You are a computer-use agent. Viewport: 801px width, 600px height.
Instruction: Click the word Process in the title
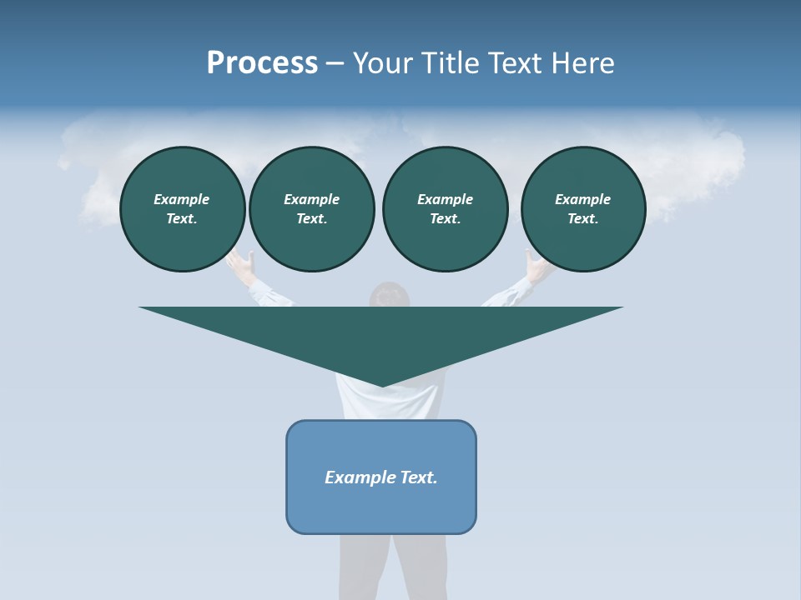(x=262, y=63)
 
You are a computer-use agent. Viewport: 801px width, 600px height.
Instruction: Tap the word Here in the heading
(x=583, y=63)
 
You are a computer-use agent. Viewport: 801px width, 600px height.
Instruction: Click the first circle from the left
(x=182, y=209)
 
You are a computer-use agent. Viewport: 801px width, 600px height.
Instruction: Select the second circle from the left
(x=311, y=209)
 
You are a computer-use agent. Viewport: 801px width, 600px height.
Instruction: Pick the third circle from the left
(x=445, y=209)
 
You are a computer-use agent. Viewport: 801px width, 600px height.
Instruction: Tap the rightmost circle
(x=583, y=209)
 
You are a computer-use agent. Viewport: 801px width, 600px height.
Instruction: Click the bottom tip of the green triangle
(x=382, y=385)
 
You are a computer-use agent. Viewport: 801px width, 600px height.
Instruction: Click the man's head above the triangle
(x=390, y=295)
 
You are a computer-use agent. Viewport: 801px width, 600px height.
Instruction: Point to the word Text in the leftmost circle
(x=181, y=219)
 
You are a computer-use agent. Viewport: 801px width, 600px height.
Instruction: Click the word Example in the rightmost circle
(x=583, y=199)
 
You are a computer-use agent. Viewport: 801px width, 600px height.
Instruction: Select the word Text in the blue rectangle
(x=419, y=477)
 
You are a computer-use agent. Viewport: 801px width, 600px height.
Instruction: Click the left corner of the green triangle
(x=141, y=308)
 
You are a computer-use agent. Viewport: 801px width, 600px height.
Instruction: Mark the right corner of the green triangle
(x=621, y=308)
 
